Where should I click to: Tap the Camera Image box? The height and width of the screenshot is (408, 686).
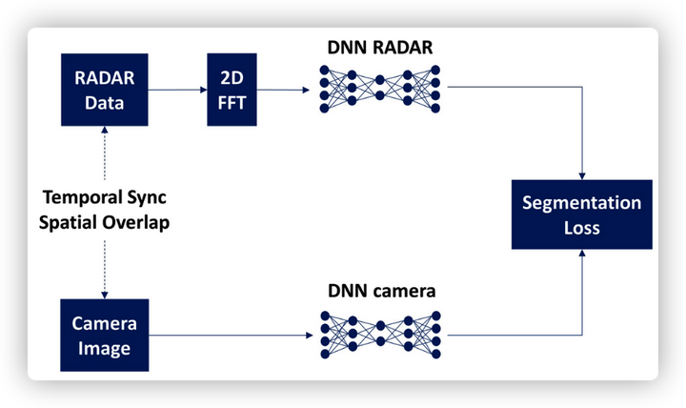(104, 336)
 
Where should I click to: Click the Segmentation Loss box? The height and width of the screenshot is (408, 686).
(582, 214)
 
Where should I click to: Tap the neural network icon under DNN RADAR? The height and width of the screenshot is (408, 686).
(379, 89)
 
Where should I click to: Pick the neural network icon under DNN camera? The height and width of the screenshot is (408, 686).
(379, 335)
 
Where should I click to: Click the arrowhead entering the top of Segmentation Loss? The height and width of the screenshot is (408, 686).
(582, 174)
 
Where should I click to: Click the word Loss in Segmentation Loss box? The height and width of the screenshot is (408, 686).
(582, 228)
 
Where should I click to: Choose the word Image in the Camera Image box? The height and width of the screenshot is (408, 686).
(104, 349)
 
